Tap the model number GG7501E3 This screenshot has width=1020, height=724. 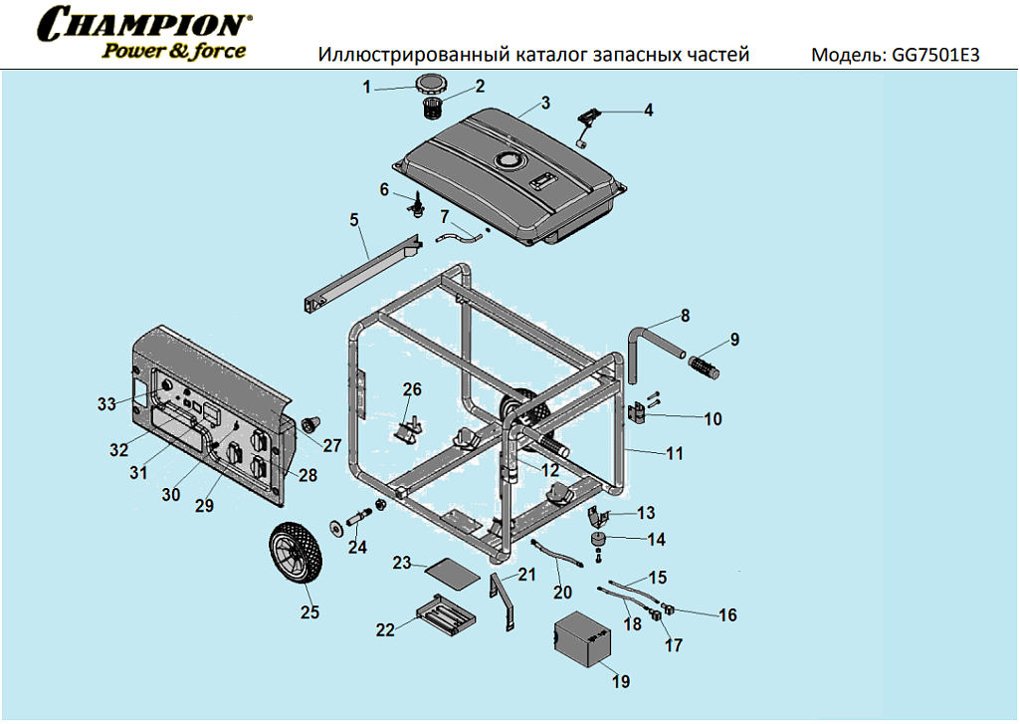(x=936, y=55)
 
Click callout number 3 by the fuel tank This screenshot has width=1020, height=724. (x=545, y=103)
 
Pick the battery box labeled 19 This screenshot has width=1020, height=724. (x=585, y=642)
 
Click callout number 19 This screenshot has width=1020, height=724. (x=621, y=682)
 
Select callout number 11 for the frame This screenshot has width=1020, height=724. (x=675, y=453)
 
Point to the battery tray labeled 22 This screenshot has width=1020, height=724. (x=441, y=613)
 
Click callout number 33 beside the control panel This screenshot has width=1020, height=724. (x=107, y=403)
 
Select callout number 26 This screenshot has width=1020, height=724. (x=412, y=388)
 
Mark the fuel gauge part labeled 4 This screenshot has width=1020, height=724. (x=587, y=119)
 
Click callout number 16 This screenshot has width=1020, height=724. (x=727, y=615)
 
